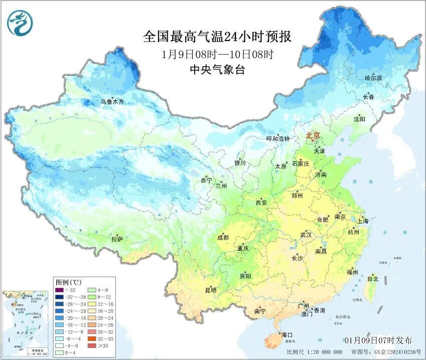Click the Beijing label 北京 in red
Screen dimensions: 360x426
click(313, 136)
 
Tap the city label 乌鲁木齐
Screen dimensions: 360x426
click(112, 102)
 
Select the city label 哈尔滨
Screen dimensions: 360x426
click(373, 78)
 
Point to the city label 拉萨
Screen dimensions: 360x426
click(117, 239)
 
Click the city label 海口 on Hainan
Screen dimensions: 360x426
click(287, 334)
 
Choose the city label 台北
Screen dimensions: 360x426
click(373, 278)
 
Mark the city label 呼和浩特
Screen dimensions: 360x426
click(278, 138)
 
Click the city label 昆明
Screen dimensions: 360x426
click(210, 290)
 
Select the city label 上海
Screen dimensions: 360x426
click(362, 221)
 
